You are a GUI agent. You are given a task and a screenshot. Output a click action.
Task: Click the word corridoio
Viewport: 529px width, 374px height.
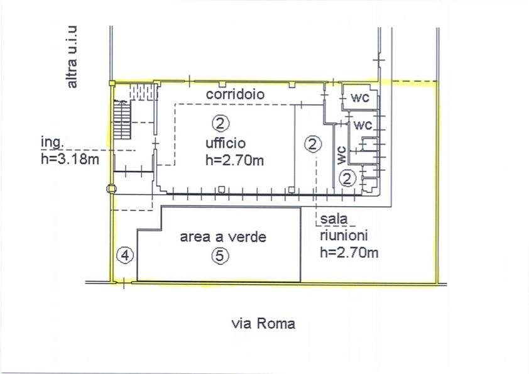tap(236, 94)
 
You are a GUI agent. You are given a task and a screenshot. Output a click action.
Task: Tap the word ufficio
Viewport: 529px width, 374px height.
tap(224, 141)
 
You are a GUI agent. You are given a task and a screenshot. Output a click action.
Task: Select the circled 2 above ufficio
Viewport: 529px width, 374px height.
tap(221, 121)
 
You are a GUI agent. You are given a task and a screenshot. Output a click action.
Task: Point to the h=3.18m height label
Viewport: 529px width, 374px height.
tap(69, 159)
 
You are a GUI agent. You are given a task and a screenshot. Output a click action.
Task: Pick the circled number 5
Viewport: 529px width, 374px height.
tap(221, 255)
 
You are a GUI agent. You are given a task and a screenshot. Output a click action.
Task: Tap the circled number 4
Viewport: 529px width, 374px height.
tap(126, 255)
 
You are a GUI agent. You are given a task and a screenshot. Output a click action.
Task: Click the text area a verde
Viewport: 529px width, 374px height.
tap(223, 238)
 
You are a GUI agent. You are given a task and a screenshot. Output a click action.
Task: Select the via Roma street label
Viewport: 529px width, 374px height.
tap(263, 324)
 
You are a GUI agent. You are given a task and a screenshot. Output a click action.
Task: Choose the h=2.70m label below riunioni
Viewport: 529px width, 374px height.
tap(349, 253)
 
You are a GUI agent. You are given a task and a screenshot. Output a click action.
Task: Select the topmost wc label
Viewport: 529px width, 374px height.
tap(359, 98)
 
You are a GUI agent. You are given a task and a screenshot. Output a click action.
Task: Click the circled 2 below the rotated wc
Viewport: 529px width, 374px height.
tap(349, 177)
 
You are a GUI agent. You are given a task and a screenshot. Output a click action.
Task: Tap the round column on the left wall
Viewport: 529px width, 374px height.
tap(111, 187)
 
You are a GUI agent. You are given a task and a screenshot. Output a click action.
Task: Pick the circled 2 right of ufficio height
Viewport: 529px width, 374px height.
tap(312, 144)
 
